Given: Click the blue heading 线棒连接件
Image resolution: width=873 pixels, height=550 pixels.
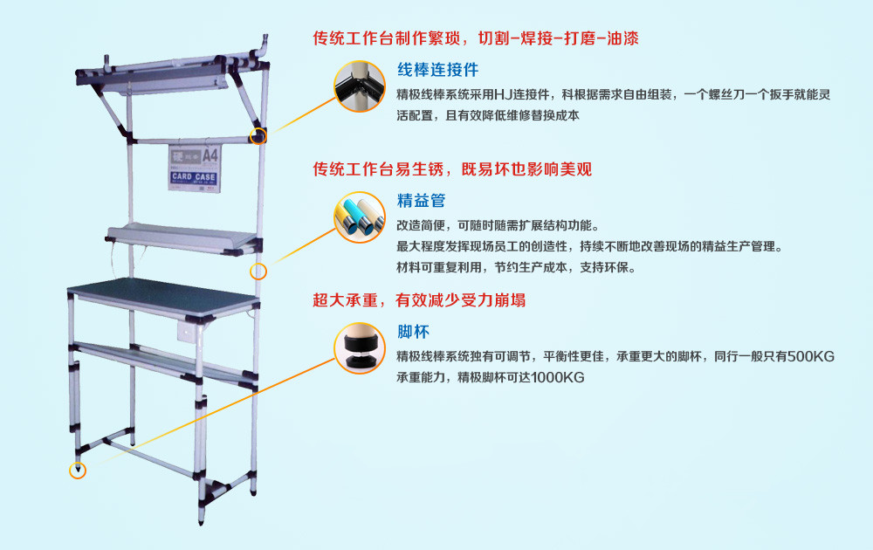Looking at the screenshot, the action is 437,70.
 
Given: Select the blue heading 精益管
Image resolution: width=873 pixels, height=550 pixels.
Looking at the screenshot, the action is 421,201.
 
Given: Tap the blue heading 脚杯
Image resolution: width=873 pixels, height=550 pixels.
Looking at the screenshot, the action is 413,332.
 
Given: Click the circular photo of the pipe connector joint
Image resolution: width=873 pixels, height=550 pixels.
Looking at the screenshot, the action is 360,86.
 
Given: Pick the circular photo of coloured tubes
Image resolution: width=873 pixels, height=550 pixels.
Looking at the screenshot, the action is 360,217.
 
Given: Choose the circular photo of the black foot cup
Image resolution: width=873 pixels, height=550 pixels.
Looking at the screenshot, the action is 360,348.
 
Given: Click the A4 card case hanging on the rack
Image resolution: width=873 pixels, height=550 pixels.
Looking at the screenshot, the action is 195,168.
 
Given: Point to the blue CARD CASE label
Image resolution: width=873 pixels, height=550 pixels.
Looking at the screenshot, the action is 194,177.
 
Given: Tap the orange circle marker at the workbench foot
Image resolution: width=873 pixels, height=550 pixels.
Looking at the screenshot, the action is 78,471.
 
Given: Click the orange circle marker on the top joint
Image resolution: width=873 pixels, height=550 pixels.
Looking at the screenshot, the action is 258,136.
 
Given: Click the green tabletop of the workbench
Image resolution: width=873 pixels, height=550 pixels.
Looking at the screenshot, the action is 163,294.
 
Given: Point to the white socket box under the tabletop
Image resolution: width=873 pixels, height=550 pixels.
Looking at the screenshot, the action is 187,331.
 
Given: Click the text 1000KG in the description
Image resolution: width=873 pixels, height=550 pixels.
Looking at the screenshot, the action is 557,378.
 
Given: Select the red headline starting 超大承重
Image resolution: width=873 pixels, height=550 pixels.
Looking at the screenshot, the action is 419,300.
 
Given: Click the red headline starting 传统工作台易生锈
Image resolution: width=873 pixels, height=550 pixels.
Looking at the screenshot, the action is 452,169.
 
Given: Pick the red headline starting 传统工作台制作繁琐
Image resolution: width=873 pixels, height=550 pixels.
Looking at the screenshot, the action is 476,38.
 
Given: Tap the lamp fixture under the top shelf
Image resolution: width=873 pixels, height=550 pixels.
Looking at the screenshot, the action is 162,85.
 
